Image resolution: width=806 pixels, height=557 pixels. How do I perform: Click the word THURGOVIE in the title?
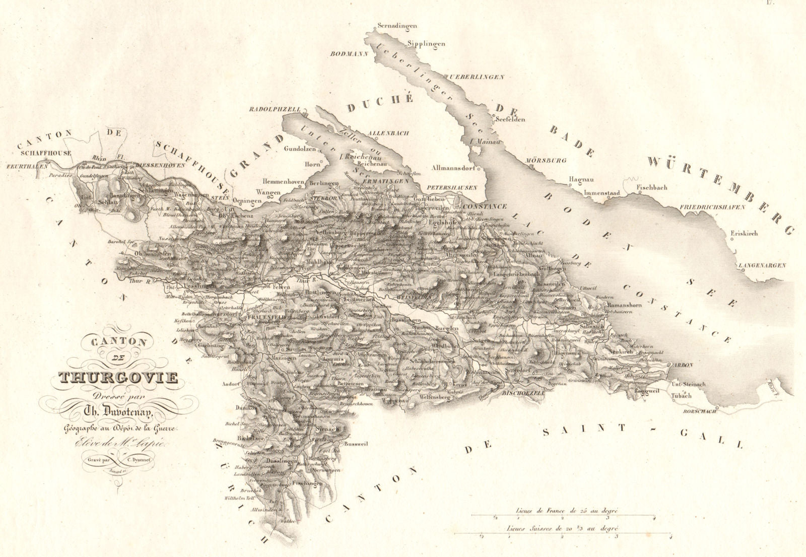(119, 376)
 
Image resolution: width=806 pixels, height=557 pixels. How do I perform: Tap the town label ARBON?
(685, 365)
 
